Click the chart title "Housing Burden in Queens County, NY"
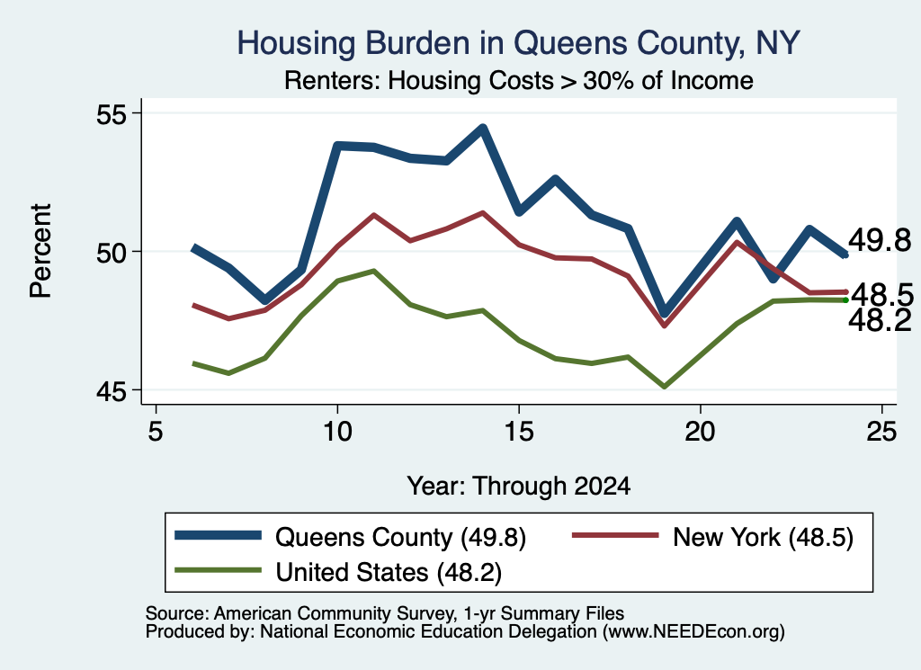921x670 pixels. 519,43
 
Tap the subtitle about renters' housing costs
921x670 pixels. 519,80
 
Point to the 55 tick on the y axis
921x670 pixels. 112,113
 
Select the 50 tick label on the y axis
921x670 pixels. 112,252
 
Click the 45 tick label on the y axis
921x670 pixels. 112,390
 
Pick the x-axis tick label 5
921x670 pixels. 155,432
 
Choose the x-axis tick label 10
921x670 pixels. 337,432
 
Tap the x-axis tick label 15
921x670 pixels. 519,432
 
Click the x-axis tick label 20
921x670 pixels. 700,432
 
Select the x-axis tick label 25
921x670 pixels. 881,432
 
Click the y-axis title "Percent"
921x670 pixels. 40,251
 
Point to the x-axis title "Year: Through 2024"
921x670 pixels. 519,487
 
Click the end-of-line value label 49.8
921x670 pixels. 880,241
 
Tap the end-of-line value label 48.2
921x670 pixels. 880,321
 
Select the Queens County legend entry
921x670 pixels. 351,537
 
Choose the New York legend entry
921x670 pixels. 712,537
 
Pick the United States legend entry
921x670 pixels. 338,572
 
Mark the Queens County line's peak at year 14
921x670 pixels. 482,128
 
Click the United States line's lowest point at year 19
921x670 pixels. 665,387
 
